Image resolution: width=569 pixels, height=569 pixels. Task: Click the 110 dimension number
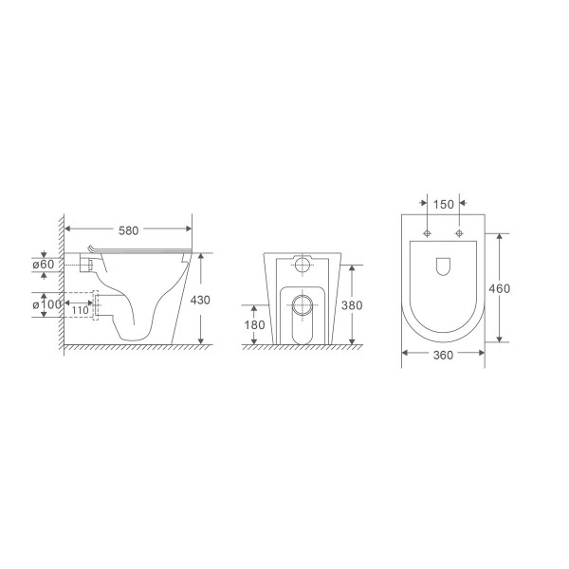[x=80, y=310]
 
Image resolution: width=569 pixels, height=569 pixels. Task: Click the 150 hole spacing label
[x=443, y=204]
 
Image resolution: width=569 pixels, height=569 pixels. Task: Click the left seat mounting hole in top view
[x=428, y=232]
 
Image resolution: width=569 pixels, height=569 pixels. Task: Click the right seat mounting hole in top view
[x=459, y=232]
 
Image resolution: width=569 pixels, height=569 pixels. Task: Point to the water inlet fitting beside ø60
[x=86, y=266]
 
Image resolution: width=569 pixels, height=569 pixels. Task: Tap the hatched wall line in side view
[x=61, y=284]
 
